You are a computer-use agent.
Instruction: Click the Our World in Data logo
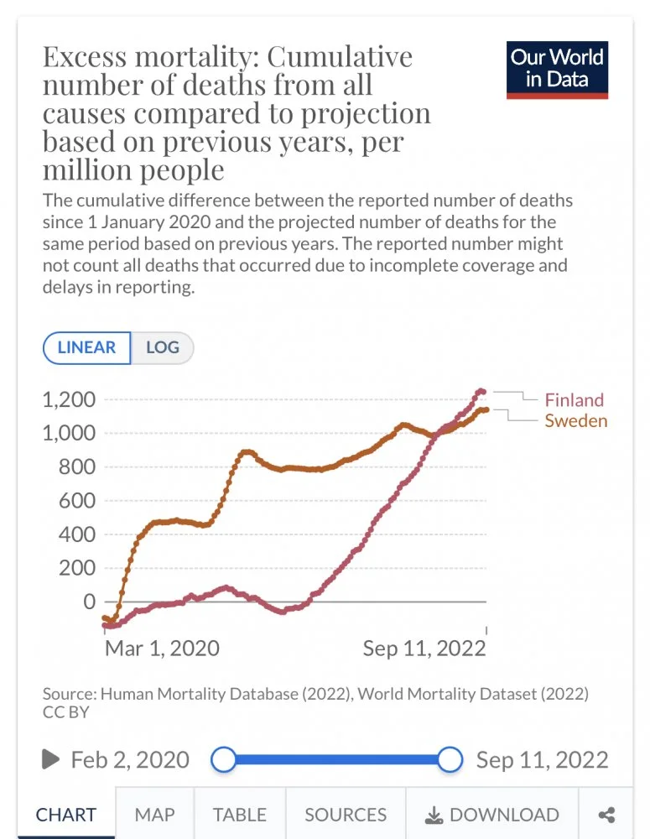557,69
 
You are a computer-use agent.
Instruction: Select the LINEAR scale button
86,347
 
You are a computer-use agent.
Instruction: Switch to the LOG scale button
163,347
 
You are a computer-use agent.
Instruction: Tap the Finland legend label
574,400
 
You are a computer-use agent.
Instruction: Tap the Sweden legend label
575,420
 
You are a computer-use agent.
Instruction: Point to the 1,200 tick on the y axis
70,399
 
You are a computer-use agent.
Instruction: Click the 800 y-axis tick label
77,467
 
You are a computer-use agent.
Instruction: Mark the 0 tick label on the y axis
89,602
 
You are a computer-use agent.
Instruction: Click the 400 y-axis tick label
77,534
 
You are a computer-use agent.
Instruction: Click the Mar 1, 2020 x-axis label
162,648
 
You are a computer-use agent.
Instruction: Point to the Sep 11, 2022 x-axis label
424,648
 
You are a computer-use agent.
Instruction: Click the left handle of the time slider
223,760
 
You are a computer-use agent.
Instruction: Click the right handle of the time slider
450,760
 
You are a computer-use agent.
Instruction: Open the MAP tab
154,815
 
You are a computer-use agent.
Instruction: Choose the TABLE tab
239,815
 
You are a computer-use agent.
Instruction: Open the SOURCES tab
346,815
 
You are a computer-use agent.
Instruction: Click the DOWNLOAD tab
492,815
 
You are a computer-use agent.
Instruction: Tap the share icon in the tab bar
607,815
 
